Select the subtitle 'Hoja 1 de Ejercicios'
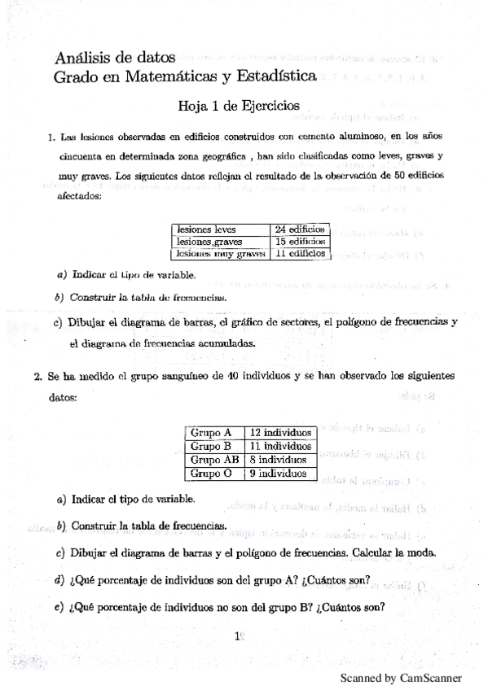tap(227, 106)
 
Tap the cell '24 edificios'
tap(300, 229)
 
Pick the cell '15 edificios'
tap(300, 242)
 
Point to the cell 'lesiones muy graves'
tap(221, 254)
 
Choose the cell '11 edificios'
tap(300, 254)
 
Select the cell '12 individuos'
tap(280, 433)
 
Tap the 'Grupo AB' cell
tap(214, 459)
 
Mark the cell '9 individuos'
tap(277, 472)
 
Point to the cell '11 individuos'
tap(280, 446)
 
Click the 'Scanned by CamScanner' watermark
tap(401, 677)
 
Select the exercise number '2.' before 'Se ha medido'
tap(37, 378)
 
